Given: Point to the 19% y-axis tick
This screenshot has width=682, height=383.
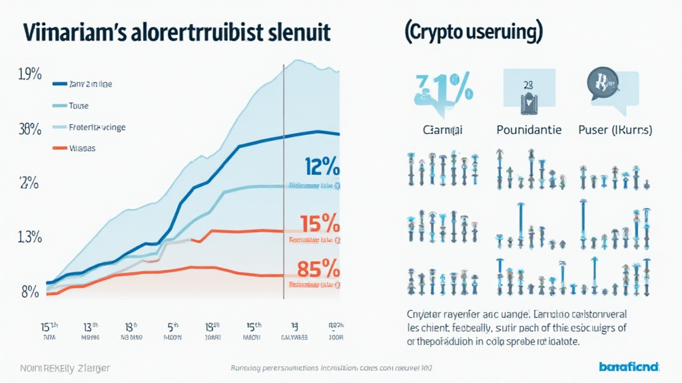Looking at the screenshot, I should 30,75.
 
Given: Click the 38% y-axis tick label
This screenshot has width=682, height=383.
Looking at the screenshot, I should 30,130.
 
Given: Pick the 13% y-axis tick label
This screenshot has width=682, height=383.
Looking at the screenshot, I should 30,237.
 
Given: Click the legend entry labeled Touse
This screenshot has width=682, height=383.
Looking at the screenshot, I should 77,106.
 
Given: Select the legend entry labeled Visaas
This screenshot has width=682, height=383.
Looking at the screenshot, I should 82,148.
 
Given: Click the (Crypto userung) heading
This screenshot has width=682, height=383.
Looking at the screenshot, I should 472,33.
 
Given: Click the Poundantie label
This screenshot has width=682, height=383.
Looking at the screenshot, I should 529,130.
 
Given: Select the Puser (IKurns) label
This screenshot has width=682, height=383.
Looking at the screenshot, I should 613,130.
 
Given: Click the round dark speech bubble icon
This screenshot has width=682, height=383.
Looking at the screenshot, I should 600,84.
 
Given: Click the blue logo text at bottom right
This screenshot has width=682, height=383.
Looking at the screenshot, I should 628,366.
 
